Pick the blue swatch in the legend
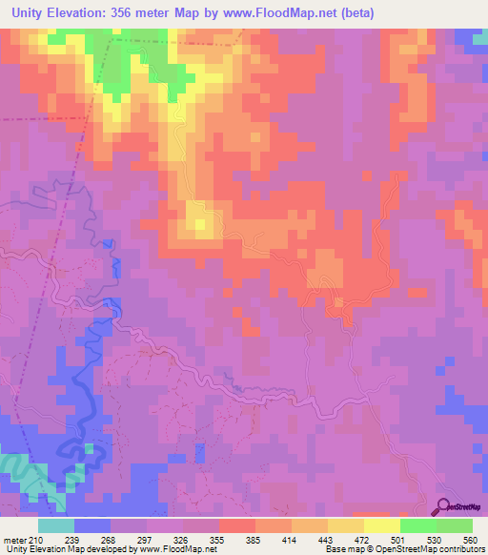coord(91,525)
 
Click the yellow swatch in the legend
coord(381,525)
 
